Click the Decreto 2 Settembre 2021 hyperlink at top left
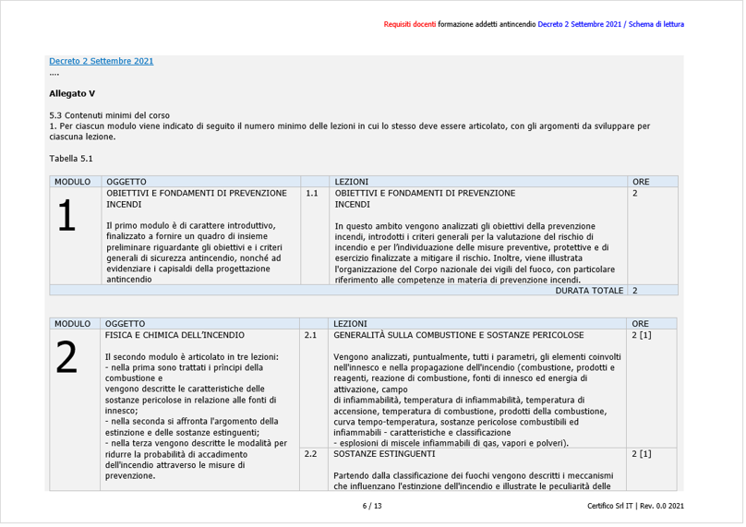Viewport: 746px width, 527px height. click(102, 62)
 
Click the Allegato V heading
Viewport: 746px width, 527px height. click(72, 93)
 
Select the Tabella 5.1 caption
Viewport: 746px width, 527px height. click(71, 159)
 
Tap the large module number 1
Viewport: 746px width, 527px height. click(66, 216)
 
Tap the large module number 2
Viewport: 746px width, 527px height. click(66, 358)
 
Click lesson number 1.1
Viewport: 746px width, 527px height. click(312, 194)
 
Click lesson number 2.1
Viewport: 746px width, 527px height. click(310, 335)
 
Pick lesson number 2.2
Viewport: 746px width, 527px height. click(310, 454)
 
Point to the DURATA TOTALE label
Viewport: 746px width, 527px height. click(589, 291)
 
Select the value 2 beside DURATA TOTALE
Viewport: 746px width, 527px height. click(635, 291)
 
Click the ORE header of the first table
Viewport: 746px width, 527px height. click(641, 182)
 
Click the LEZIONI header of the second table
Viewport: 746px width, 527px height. click(351, 324)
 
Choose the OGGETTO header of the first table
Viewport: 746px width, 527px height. click(126, 182)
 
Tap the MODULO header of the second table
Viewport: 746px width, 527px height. click(72, 324)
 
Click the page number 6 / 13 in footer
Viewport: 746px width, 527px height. click(372, 507)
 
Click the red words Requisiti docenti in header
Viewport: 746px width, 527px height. click(410, 24)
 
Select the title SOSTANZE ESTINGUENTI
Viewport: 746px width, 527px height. click(384, 454)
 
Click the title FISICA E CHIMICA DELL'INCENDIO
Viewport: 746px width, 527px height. click(175, 335)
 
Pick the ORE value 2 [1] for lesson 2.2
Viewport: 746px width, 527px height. click(642, 454)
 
